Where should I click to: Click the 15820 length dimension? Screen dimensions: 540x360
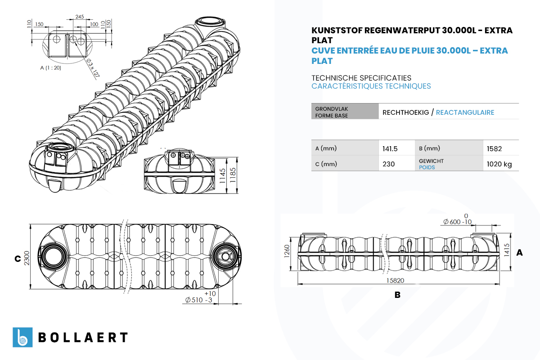coord(395,280)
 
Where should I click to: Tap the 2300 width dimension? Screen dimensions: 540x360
coord(27,258)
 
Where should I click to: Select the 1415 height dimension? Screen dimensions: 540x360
coord(507,250)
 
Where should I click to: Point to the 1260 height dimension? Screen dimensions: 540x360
coord(287,251)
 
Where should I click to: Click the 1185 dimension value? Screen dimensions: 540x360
coord(233,175)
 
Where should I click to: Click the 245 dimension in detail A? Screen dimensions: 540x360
coord(80,17)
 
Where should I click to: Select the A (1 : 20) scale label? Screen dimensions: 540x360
coord(50,68)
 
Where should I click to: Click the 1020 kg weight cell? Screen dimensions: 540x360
coord(499,164)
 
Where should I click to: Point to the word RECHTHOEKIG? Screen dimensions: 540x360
coord(406,112)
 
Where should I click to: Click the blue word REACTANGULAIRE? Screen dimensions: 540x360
coord(465,112)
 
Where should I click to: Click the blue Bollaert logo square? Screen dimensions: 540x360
coord(22,337)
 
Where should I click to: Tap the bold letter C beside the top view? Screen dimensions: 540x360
coord(18,259)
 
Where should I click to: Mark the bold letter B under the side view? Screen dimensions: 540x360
coord(397,295)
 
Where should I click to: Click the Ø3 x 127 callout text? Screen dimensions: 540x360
coord(93,68)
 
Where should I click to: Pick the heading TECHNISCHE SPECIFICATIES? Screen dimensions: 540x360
coord(361,78)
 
